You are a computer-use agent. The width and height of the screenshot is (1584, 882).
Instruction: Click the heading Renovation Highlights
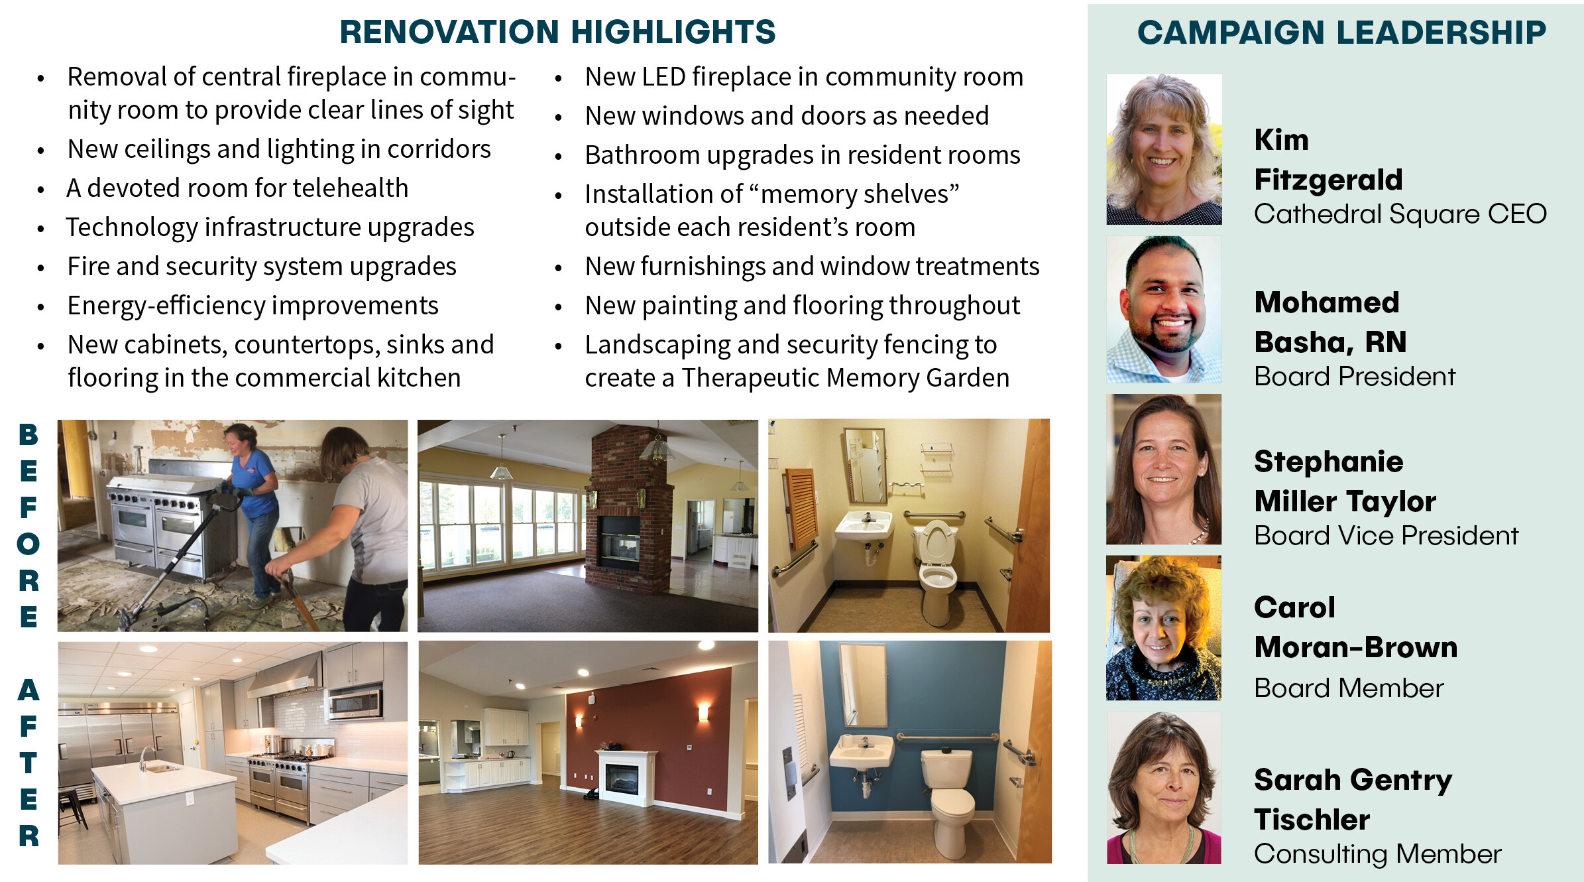coord(557,32)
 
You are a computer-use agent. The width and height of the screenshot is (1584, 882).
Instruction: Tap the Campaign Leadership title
coord(1341,32)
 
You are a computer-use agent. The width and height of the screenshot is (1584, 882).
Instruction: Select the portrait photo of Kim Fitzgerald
coord(1164,149)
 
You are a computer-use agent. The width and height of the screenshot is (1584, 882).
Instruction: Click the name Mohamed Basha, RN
coord(1330,322)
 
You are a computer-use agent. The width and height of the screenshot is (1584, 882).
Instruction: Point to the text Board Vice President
coord(1386,535)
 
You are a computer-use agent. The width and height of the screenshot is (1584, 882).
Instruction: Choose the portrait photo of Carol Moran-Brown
coord(1163,628)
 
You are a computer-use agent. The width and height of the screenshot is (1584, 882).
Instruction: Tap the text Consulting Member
coord(1378,853)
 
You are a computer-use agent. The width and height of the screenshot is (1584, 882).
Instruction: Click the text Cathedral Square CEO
coord(1400,214)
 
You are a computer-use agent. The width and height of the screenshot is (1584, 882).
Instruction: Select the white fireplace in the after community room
coord(626,777)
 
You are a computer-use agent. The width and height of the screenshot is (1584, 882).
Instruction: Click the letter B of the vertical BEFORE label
coord(28,435)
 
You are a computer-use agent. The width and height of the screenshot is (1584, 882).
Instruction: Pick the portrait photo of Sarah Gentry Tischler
coord(1164,788)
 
